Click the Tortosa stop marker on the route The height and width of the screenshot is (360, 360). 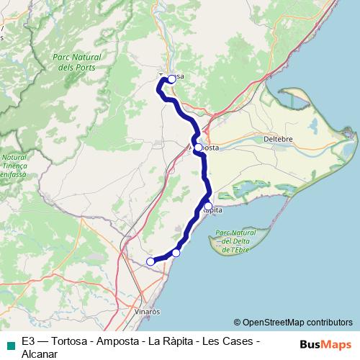[171, 79]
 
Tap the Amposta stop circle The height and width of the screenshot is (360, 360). [198, 147]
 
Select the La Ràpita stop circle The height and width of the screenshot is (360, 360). [208, 207]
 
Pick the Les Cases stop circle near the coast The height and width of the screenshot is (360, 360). [176, 253]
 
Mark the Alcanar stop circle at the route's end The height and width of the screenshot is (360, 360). [150, 261]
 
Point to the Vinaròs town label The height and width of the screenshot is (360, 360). [147, 312]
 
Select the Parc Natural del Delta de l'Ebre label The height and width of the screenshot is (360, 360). [235, 241]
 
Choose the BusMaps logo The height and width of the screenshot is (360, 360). [325, 344]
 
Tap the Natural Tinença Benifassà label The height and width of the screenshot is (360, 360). [14, 166]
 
